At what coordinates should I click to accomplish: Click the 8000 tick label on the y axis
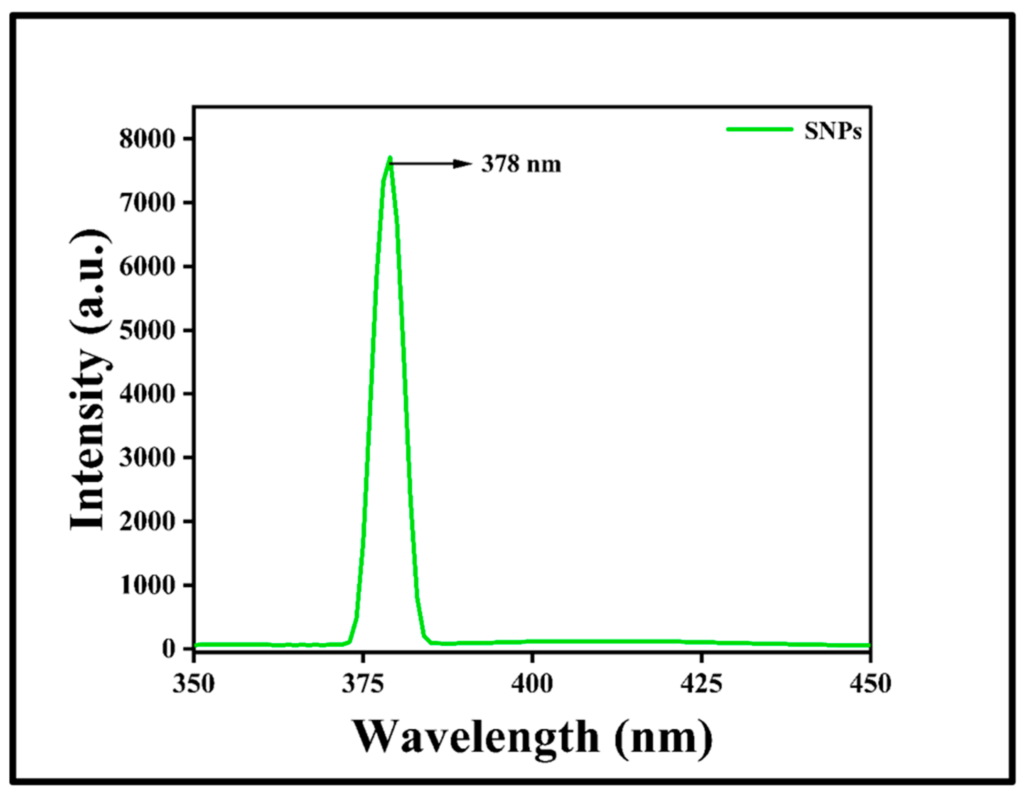click(147, 139)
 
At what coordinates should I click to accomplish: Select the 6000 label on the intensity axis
click(147, 267)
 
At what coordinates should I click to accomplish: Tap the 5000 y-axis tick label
click(147, 331)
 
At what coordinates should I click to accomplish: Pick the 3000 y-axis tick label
click(147, 458)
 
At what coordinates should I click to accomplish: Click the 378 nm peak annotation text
click(521, 165)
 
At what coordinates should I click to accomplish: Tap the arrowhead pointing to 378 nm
click(462, 164)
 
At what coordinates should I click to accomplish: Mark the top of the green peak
click(390, 158)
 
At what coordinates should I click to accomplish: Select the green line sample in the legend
click(760, 129)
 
